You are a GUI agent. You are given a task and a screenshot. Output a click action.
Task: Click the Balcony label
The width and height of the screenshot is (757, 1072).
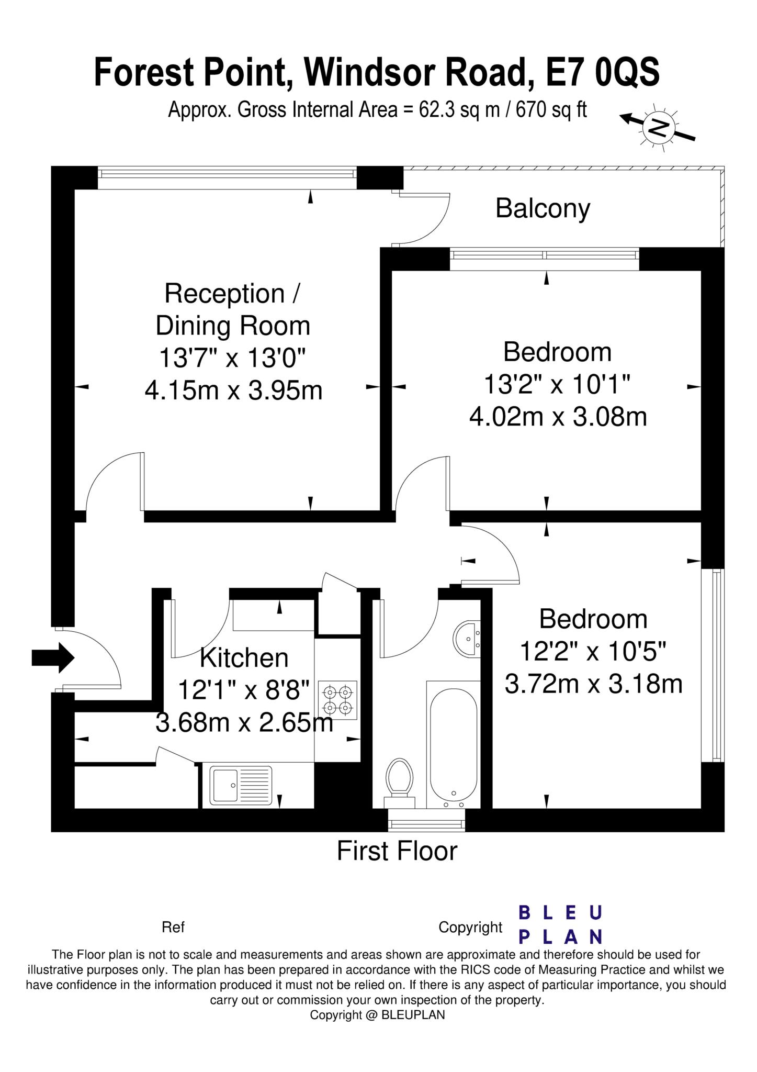point(543,208)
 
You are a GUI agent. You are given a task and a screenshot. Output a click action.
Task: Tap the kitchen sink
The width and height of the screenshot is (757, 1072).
point(241,786)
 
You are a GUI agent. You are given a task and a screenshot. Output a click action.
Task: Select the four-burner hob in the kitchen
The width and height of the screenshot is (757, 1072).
point(337,700)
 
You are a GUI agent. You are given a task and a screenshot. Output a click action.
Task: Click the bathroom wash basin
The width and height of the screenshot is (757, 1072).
point(467,638)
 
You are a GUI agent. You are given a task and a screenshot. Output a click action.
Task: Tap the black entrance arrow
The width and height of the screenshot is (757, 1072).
point(53,657)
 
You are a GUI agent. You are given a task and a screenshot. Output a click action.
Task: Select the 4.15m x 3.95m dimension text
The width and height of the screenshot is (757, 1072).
point(233,390)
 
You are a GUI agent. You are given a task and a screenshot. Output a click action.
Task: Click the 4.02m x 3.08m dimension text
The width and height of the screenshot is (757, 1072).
point(558,417)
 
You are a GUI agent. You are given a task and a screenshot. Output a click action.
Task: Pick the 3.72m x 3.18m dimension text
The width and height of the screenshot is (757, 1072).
point(593,684)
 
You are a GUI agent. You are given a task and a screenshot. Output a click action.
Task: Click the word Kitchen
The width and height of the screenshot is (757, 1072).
point(244,658)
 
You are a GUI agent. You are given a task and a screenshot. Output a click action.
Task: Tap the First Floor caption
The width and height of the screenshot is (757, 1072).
point(397,851)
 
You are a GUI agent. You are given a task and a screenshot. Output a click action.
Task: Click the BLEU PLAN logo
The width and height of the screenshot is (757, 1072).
point(560,925)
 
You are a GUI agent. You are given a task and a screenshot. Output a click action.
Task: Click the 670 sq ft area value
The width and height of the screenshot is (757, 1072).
point(551,110)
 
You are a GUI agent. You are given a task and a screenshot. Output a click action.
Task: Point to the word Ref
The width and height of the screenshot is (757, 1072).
point(173,927)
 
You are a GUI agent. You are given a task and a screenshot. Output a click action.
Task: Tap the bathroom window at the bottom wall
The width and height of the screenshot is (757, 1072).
point(426,825)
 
